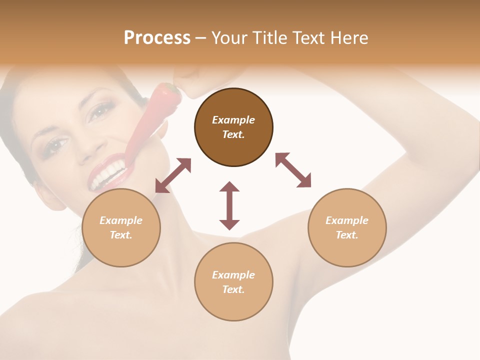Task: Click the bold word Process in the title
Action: point(157,38)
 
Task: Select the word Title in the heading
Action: point(270,38)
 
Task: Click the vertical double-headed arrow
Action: point(229,205)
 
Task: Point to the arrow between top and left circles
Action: point(173,175)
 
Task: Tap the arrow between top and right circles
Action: point(293,170)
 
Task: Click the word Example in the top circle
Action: point(233,120)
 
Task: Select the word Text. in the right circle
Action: point(347,235)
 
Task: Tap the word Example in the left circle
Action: point(121,220)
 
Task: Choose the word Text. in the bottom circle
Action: point(233,289)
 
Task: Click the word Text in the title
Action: point(308,38)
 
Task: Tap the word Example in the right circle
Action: point(347,220)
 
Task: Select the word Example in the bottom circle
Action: point(233,275)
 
